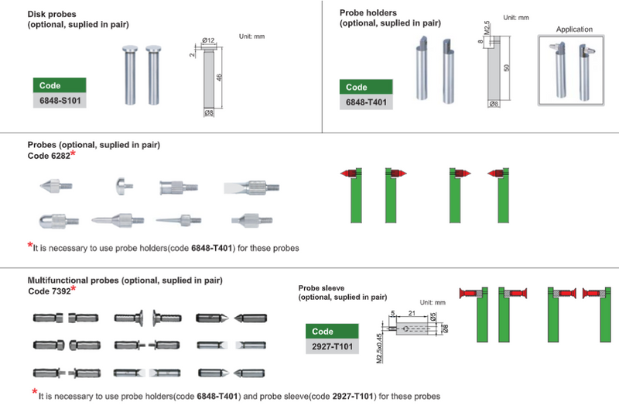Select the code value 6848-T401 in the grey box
coord(367,102)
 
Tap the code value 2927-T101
coord(332,346)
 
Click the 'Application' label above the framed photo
coord(574,29)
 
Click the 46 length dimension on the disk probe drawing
coord(222,79)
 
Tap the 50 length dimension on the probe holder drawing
coord(507,68)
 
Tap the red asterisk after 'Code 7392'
coord(74,289)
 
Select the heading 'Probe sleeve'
coord(325,287)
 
